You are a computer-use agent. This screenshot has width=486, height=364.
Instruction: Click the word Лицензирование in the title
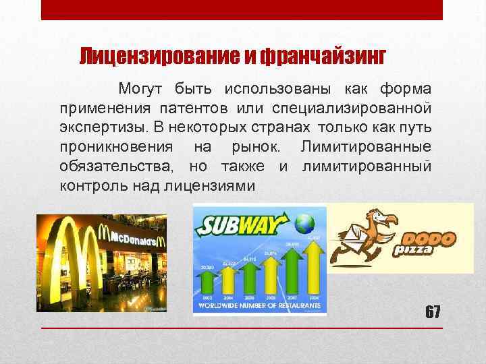pyautogui.click(x=159, y=55)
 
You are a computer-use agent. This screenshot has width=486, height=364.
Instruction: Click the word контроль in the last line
pyautogui.click(x=91, y=184)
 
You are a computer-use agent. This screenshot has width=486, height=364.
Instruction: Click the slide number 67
pyautogui.click(x=433, y=312)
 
